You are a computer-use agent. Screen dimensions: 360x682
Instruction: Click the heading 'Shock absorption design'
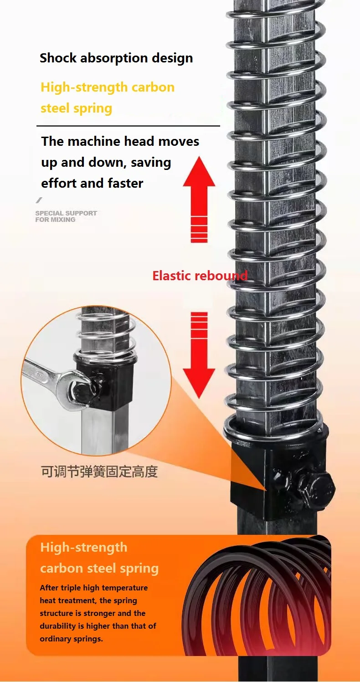click(116, 58)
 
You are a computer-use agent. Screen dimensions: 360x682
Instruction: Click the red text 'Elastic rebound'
click(200, 276)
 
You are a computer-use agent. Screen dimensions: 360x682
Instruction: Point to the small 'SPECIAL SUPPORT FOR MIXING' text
click(66, 216)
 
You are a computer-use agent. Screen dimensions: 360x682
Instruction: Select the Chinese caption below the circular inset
click(99, 472)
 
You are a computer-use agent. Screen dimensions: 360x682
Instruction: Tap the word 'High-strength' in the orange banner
click(84, 548)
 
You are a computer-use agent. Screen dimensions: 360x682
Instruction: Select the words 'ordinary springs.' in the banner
click(71, 639)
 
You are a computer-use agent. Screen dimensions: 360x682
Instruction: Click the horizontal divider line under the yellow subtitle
click(128, 126)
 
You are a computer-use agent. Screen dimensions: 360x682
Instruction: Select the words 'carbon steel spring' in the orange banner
click(99, 569)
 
